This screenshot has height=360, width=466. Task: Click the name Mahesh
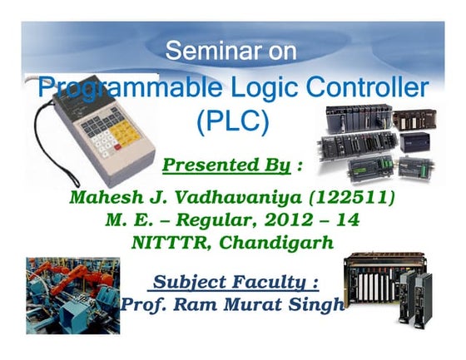pyautogui.click(x=105, y=198)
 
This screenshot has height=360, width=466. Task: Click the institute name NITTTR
pyautogui.click(x=166, y=243)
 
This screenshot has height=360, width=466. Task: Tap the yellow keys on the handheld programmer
pyautogui.click(x=124, y=132)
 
